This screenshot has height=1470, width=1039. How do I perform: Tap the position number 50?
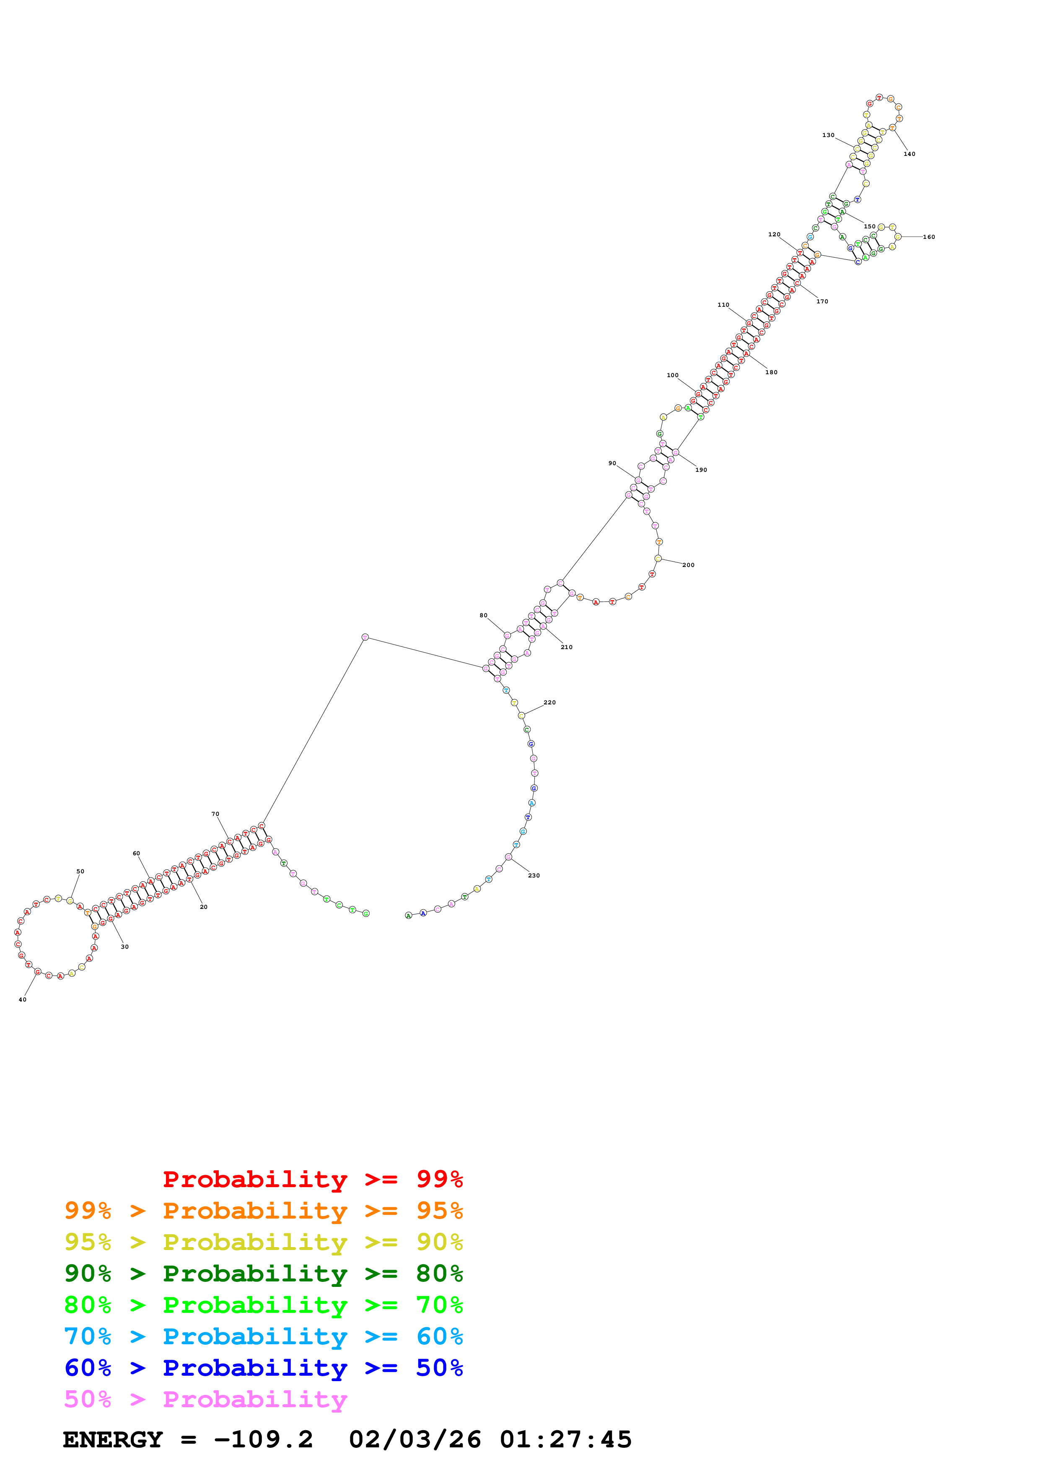coord(80,871)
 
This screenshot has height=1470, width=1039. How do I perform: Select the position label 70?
coord(215,814)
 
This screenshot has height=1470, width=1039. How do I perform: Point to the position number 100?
coord(672,375)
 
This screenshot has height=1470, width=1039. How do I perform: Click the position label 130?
coord(828,135)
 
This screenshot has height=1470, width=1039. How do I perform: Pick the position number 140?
coord(909,154)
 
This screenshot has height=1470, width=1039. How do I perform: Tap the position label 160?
coord(928,237)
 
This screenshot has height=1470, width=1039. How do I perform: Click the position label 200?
coord(688,565)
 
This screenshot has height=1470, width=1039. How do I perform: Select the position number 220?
coord(549,702)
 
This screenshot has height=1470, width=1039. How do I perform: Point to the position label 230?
coord(533,875)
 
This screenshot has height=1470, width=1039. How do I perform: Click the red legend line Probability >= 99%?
coord(312,1179)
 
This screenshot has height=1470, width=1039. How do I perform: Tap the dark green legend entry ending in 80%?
coord(263,1273)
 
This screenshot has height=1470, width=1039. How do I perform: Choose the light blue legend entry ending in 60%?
coord(263,1336)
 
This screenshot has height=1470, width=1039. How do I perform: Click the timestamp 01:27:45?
coord(565,1439)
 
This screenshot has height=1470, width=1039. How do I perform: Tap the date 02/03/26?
coord(415,1439)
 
